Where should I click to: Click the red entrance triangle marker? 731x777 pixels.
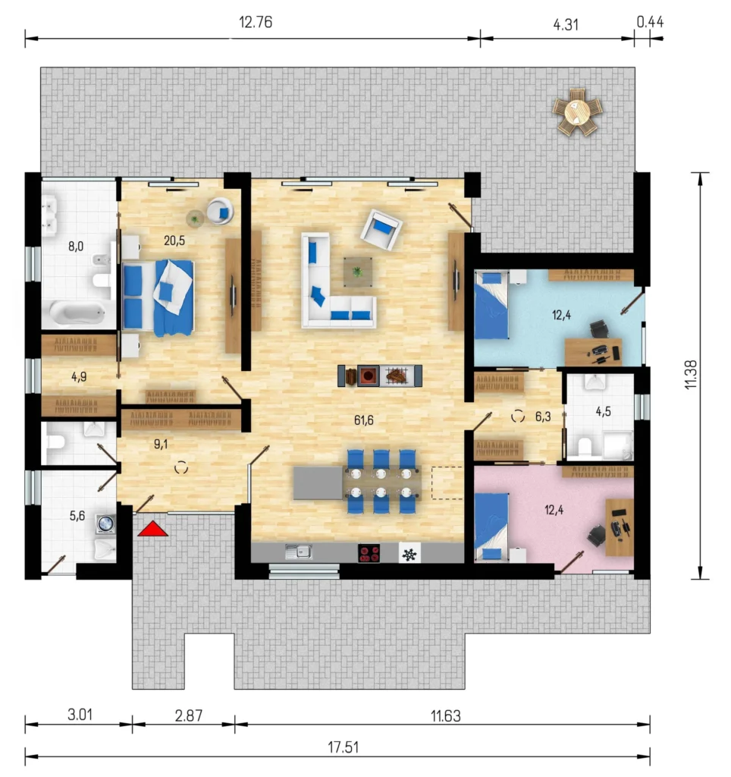[x=153, y=529]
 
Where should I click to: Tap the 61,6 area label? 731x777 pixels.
[x=363, y=420]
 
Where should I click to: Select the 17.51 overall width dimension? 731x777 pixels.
[x=344, y=747]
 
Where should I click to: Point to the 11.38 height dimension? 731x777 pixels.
[x=691, y=375]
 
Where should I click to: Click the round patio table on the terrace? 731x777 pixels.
[x=577, y=112]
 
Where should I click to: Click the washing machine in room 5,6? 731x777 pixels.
[x=105, y=524]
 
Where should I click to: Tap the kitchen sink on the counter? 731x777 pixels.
[x=299, y=552]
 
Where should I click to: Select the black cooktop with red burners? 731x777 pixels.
[x=369, y=553]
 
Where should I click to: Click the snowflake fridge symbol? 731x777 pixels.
[x=409, y=554]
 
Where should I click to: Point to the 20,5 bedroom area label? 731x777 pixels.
[x=174, y=241]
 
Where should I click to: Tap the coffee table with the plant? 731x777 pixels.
[x=358, y=272]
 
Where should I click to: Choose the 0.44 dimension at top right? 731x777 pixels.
[x=650, y=22]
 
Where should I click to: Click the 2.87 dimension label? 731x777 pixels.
[x=189, y=716]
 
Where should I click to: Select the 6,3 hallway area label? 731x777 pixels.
[x=543, y=417]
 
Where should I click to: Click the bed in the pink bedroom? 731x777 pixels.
[x=492, y=527]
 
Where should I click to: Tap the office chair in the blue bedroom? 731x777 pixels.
[x=600, y=329]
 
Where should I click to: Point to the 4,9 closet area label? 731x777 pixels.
[x=79, y=376]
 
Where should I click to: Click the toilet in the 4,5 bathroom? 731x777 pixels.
[x=585, y=446]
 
